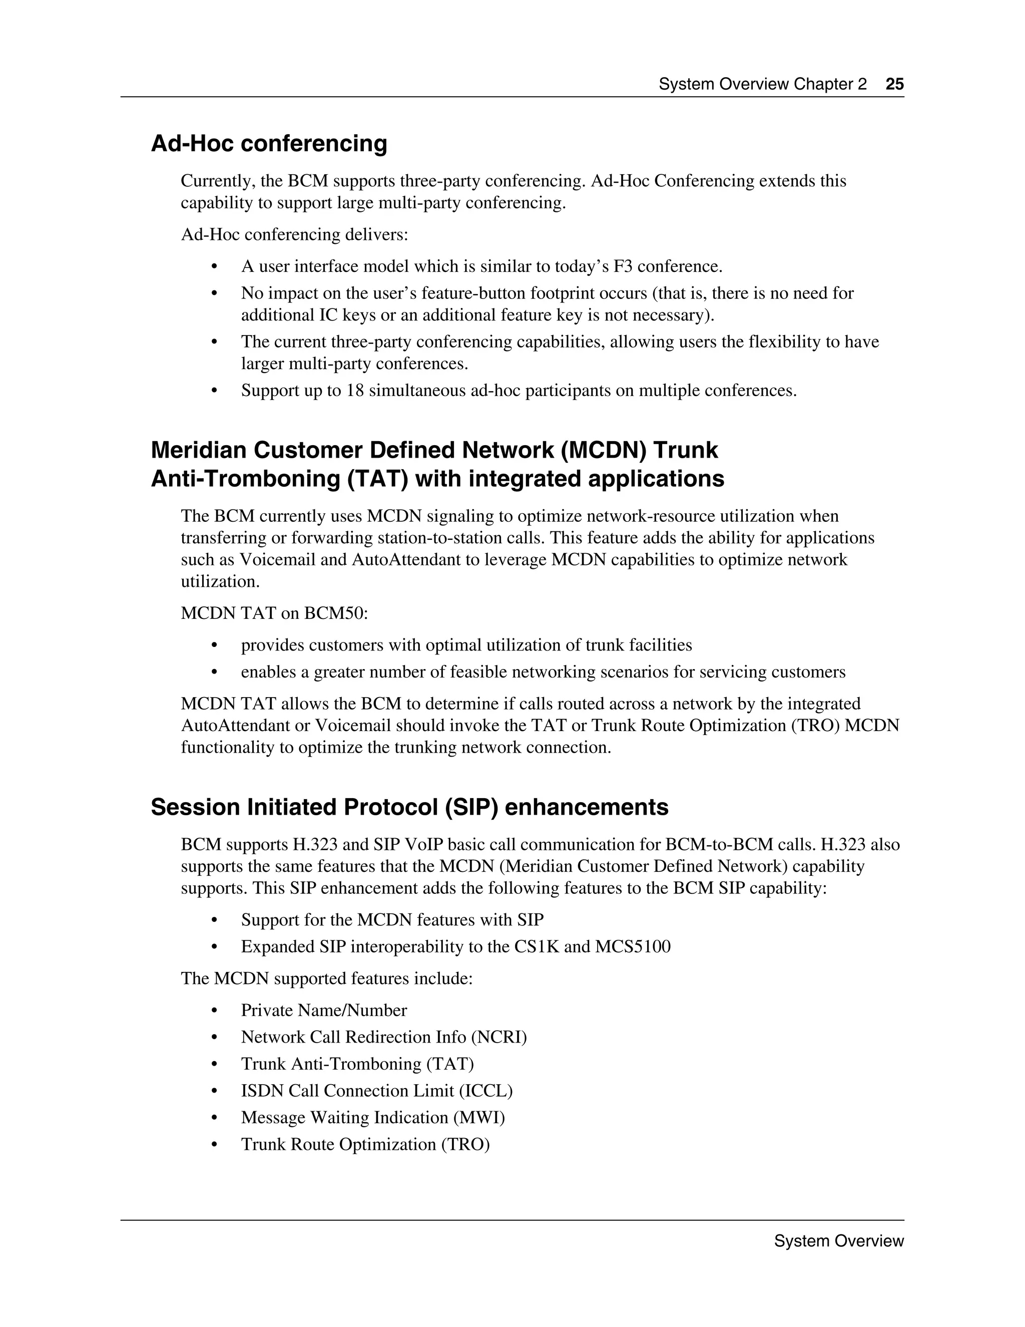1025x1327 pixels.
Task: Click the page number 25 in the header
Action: pos(894,84)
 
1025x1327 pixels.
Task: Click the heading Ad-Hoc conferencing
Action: pos(269,143)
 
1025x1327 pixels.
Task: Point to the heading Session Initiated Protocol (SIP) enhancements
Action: pos(409,807)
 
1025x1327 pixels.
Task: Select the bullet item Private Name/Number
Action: pos(324,1010)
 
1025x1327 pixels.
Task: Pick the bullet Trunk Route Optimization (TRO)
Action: pos(365,1144)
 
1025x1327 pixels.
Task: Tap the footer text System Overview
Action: pos(839,1241)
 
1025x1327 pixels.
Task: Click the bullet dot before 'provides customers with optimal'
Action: pos(214,645)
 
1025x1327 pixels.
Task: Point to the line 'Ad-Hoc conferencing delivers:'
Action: pos(294,234)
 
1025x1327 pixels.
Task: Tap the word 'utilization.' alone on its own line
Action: pos(220,581)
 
